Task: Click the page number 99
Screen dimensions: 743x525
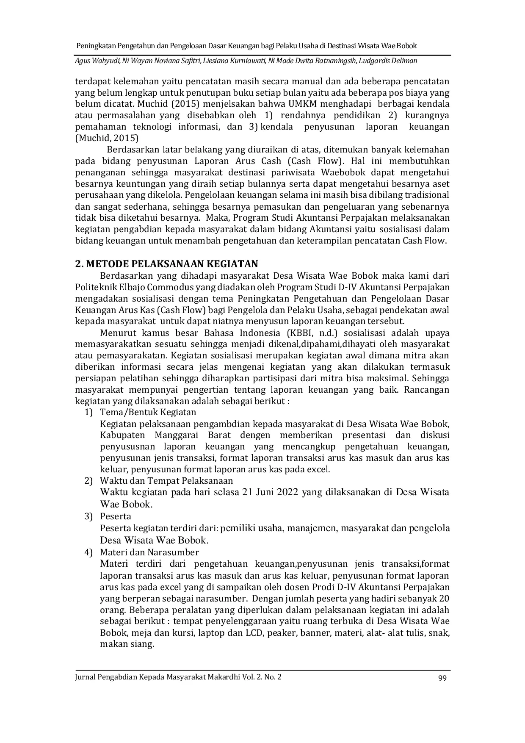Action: [442, 677]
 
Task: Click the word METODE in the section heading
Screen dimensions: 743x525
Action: [104, 264]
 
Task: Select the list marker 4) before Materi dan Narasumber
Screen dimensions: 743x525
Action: [88, 552]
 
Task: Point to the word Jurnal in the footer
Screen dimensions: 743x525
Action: [85, 677]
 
